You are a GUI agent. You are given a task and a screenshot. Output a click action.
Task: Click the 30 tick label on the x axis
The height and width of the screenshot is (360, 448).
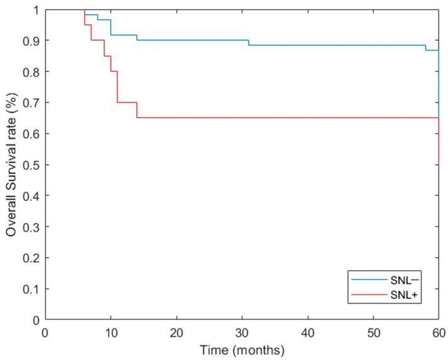click(x=242, y=332)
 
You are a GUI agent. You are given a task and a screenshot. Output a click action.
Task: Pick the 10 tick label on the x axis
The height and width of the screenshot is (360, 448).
click(x=111, y=332)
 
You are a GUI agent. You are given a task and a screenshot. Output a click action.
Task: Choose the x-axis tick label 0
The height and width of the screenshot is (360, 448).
click(x=45, y=332)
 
